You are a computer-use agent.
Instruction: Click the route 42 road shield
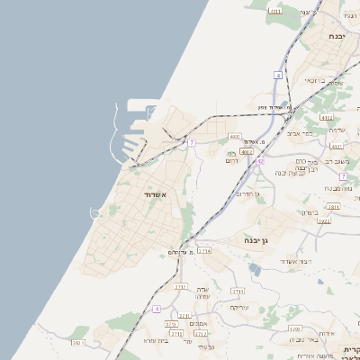(260, 161)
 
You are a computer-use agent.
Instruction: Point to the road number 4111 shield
(275, 11)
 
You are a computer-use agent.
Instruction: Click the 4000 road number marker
(235, 137)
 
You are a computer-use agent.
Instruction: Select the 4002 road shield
(247, 152)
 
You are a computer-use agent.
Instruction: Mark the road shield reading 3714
(204, 251)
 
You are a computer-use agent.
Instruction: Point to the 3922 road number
(325, 221)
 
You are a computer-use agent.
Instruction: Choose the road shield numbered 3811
(333, 207)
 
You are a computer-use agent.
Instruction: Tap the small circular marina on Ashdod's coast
(95, 212)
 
